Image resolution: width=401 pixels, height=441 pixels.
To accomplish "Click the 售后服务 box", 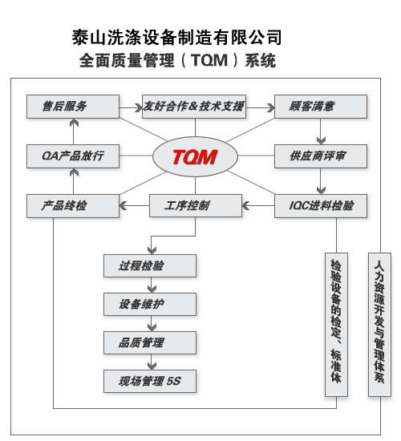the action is (x=73, y=107).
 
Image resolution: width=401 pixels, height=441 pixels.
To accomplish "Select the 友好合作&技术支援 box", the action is (x=194, y=107).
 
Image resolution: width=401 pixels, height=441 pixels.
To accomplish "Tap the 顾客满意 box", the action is (x=321, y=107).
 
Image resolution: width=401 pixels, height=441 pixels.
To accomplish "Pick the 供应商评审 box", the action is (x=321, y=156).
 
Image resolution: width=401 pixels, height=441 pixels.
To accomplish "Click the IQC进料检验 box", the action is (x=321, y=206).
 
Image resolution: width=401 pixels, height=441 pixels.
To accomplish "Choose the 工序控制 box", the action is (x=196, y=205).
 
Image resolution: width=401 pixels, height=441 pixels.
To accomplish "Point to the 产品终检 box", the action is (x=73, y=206).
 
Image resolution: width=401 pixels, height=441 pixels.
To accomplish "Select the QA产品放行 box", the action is (x=73, y=156).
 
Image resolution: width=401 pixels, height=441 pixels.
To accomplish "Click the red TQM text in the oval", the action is (x=195, y=157).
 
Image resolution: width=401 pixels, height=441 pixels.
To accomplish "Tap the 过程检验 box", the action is (x=150, y=265).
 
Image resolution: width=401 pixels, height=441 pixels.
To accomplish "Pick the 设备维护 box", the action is (x=150, y=304).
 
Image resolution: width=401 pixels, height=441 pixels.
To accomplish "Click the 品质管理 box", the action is (x=150, y=342).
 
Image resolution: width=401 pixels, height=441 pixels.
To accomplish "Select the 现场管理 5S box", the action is (x=150, y=381).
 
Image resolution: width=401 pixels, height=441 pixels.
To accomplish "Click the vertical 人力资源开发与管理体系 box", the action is (x=379, y=325).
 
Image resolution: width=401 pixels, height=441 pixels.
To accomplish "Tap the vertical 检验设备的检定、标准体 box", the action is (x=336, y=325).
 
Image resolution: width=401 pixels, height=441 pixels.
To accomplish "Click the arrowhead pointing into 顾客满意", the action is (x=271, y=107).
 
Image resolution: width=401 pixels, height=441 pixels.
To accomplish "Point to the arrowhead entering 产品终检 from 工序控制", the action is (x=123, y=205).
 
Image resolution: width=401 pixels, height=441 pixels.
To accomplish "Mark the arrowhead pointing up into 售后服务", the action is (x=74, y=123).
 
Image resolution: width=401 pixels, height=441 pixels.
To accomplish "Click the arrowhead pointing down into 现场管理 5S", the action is (x=152, y=366).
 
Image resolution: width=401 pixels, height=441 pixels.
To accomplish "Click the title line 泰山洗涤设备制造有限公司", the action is (x=176, y=38).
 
